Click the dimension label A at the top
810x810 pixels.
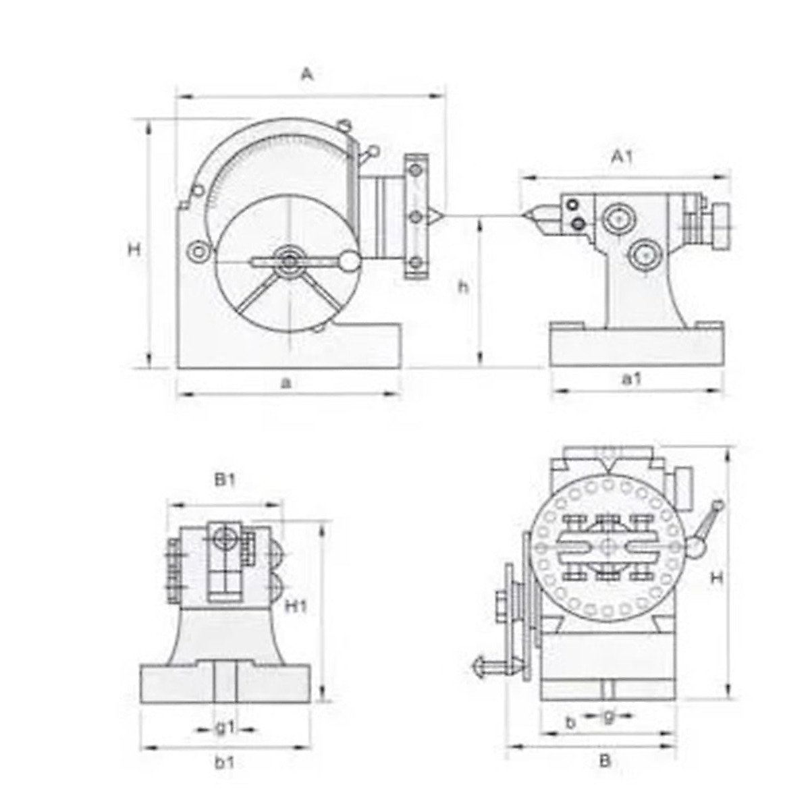pos(308,75)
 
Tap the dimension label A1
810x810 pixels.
pos(622,158)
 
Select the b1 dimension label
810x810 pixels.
pos(224,763)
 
